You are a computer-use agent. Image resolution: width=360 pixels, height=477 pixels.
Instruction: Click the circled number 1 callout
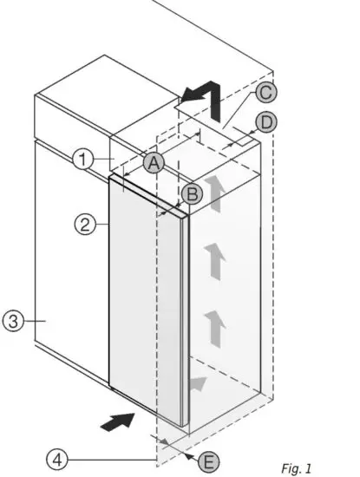pyautogui.click(x=83, y=159)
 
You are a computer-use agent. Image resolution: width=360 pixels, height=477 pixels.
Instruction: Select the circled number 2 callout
pyautogui.click(x=84, y=225)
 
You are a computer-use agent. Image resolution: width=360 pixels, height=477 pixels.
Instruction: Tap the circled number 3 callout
pyautogui.click(x=12, y=321)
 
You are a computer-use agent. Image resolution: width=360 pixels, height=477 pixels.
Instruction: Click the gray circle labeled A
pyautogui.click(x=154, y=163)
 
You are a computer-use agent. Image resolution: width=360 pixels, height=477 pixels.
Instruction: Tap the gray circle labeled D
pyautogui.click(x=267, y=121)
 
